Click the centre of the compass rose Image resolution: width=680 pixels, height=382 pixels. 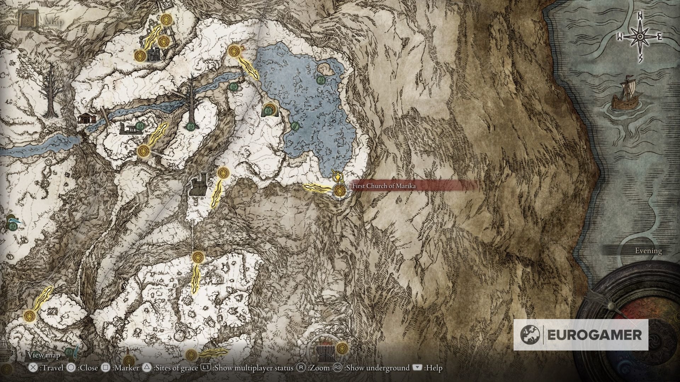point(640,37)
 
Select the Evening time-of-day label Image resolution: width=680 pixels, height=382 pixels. point(648,251)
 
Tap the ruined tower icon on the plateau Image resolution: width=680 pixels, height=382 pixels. point(198,184)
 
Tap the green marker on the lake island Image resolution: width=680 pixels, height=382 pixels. point(321,80)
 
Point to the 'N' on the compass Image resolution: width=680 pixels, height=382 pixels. point(640,25)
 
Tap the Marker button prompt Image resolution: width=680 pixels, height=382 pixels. point(120,368)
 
